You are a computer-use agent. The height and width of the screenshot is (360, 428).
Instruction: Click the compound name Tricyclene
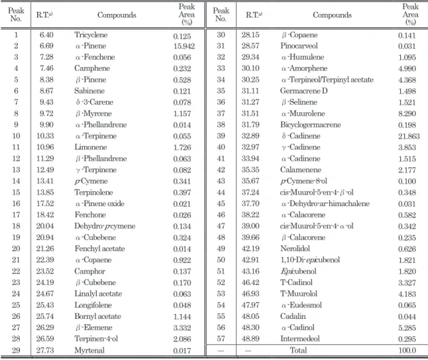click(91, 35)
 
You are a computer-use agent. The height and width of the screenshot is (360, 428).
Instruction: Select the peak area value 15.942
click(184, 46)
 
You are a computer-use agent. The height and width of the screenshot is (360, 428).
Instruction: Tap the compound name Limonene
click(91, 147)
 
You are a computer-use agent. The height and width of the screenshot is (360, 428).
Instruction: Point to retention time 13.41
click(45, 181)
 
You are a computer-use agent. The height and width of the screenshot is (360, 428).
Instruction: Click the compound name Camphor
click(90, 271)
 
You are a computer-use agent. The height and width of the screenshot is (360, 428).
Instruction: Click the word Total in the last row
click(298, 350)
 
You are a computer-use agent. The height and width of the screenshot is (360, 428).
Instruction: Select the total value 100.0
click(407, 350)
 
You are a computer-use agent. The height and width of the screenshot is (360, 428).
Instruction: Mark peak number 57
click(221, 339)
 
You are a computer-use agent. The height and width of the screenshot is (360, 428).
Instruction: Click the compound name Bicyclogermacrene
click(311, 125)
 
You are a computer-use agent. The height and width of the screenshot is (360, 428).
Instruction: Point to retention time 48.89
click(250, 339)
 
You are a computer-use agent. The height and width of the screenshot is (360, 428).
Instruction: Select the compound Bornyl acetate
click(97, 316)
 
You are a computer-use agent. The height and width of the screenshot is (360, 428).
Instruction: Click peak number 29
click(16, 350)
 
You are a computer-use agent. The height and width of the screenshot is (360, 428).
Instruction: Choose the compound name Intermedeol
click(300, 339)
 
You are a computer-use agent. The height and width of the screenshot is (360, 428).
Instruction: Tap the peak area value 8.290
click(407, 113)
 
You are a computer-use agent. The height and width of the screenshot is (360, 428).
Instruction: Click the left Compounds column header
click(117, 15)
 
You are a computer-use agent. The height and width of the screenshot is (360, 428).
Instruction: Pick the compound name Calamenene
click(301, 170)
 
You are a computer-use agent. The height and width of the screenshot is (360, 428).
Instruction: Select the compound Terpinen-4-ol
click(96, 339)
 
